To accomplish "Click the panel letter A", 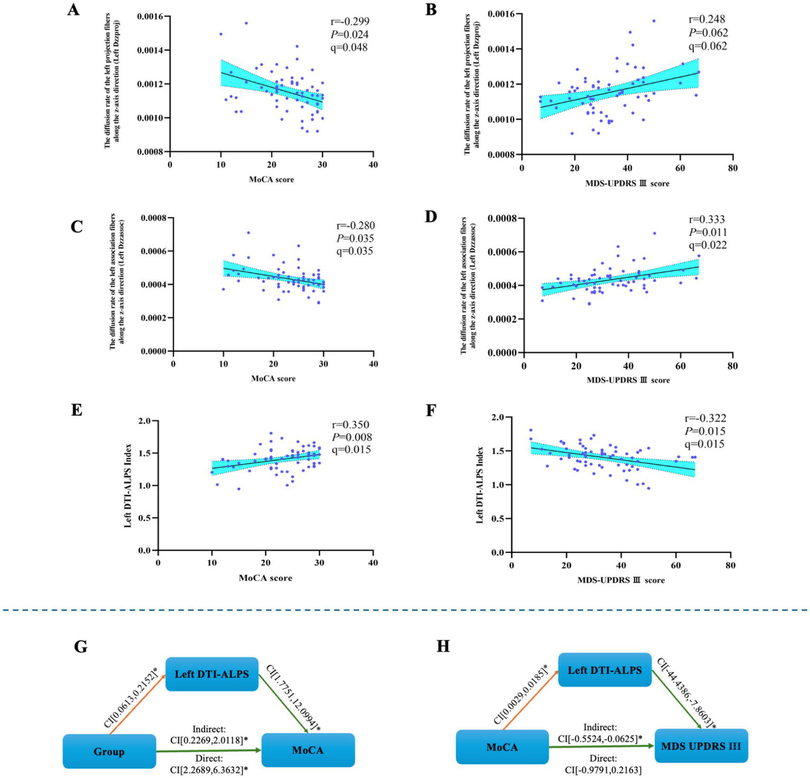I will pos(73,10).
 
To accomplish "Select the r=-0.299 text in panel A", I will pos(349,22).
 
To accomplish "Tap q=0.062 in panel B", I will pos(708,46).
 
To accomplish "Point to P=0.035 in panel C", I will pos(355,239).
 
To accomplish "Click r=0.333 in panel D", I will pos(707,219).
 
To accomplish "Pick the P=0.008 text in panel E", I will pos(351,437).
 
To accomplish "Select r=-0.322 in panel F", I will pos(705,418).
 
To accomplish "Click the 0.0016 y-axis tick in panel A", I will pos(150,17).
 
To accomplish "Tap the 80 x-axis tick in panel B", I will pos(732,168).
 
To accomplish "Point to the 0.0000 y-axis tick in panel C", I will pos(154,352).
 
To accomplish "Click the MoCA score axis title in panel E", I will pos(265,578).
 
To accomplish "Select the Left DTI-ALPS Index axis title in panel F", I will pos(480,485).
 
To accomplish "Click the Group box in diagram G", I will pos(109,752).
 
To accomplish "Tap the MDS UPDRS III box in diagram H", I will pos(701,746).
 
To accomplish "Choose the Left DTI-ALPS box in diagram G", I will pos(212,674).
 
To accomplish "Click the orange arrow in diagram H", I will pos(530,705).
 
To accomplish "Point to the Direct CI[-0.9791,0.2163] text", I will pos(603,764).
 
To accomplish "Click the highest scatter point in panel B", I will pos(654,21).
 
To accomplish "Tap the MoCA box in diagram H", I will pos(502,747).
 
